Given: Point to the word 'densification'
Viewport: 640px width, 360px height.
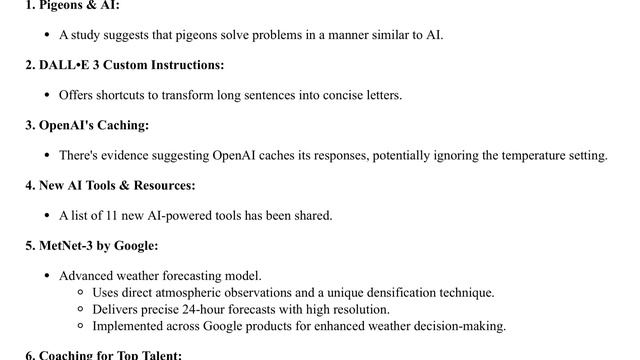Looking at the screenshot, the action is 402,292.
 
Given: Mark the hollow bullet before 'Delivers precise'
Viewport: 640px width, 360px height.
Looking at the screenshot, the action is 80,310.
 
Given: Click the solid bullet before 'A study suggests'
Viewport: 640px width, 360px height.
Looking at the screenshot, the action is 47,35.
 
